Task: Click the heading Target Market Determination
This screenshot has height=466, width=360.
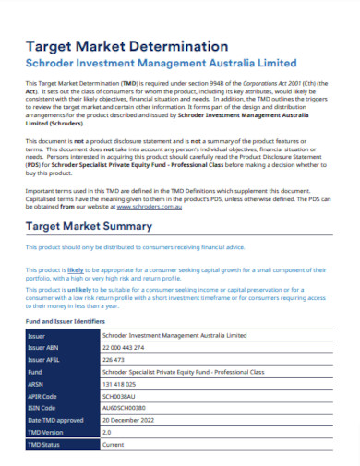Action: [x=126, y=45]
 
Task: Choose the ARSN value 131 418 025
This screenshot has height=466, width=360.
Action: [x=119, y=383]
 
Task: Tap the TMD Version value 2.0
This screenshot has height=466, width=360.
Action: [x=106, y=432]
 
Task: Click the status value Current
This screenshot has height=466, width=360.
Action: [x=113, y=444]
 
